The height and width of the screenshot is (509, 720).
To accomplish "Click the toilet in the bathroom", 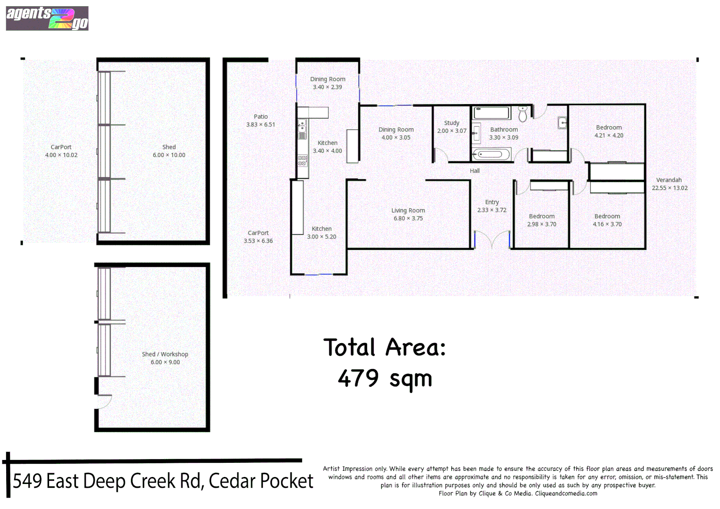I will point(523,114).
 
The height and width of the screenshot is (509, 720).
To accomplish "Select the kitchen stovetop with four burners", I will point(302,160).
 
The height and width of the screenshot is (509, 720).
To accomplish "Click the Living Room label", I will point(408,211).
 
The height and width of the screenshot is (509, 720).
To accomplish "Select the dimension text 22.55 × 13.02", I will point(670,188).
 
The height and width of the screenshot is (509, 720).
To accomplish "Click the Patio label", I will point(261,116).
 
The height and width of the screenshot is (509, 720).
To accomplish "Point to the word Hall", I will point(475,171).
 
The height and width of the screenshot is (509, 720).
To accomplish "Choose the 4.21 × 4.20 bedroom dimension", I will point(609,136).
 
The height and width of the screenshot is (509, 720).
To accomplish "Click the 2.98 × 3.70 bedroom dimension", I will point(541,224).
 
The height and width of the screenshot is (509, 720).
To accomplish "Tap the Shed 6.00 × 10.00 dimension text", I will point(169,155).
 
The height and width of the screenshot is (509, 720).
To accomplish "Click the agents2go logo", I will point(47,18).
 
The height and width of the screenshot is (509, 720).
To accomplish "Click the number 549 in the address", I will point(27,481).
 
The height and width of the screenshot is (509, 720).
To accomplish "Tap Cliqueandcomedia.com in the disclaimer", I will point(566,493).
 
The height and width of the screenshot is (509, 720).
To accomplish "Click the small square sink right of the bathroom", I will point(562,123).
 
